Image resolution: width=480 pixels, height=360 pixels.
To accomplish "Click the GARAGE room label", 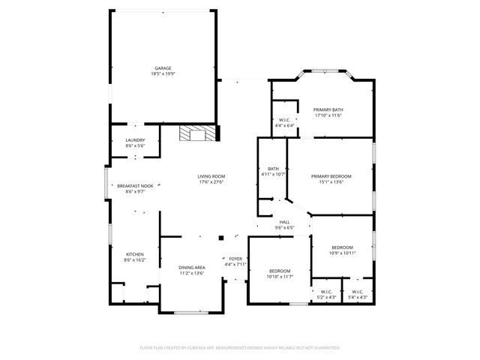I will coord(163,67).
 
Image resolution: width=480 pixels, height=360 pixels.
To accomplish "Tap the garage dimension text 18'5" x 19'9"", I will coord(163,73).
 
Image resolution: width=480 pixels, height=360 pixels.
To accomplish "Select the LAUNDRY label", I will coord(135,139).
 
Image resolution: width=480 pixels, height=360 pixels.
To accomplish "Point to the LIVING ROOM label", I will coord(211,176).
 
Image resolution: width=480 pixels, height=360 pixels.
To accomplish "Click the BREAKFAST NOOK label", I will coord(135,185).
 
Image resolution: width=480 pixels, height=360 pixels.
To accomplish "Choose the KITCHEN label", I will coord(135,254).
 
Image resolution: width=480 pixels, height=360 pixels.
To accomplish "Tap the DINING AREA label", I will coord(192,268).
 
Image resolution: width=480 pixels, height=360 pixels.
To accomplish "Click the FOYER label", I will coord(235,259).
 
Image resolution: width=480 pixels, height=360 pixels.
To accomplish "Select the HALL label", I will coord(284,222).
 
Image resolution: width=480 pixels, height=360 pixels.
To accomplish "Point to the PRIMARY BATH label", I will coord(328,109).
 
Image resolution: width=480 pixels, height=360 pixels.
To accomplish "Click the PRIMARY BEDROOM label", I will coord(331,175).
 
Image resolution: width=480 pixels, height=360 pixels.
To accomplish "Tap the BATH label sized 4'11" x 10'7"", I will coord(273,169).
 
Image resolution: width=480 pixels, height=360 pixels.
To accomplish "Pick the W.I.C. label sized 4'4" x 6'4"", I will coord(285,120).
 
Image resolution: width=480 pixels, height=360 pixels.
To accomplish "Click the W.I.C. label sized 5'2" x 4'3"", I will coord(326,292).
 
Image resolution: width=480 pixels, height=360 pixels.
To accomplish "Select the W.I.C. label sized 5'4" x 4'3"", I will coord(357,292).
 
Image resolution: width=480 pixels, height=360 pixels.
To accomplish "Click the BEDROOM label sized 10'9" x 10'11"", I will coord(342,247).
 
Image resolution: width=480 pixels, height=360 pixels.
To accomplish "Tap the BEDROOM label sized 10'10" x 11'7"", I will coord(279,271).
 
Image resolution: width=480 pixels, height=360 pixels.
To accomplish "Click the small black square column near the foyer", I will coord(221,238).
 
